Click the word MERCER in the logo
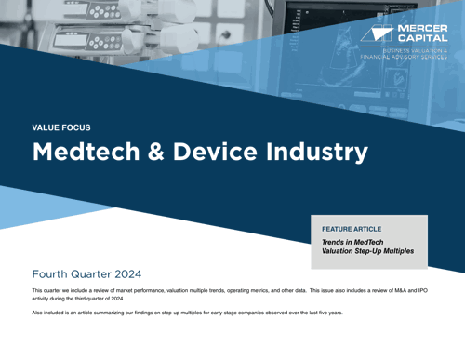click(x=423, y=29)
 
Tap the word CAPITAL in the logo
click(x=423, y=39)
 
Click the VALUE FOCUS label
click(x=61, y=127)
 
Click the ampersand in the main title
click(x=141, y=152)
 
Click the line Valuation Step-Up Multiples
click(x=367, y=251)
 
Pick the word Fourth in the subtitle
click(x=53, y=275)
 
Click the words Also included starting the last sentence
click(x=48, y=313)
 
